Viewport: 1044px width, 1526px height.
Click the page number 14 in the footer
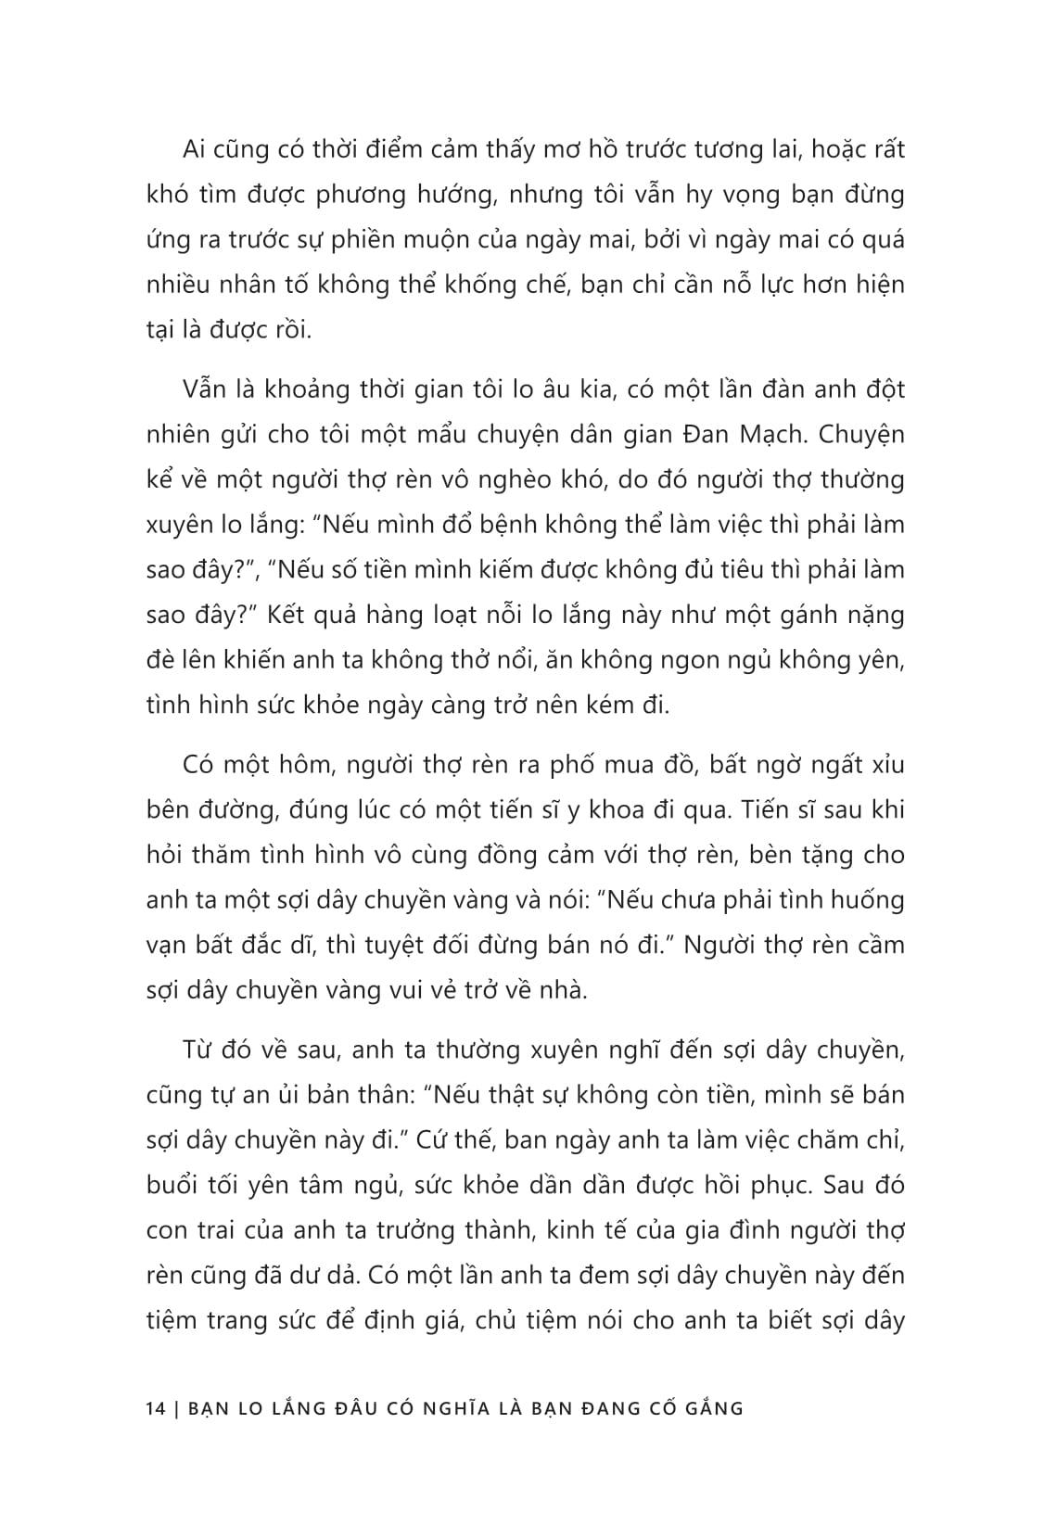(x=156, y=1408)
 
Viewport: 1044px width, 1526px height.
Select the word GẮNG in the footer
(x=713, y=1408)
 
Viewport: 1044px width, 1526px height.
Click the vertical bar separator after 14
(x=175, y=1408)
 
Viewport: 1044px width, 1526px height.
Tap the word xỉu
(x=882, y=766)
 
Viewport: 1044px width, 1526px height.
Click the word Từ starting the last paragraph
(x=199, y=1050)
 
